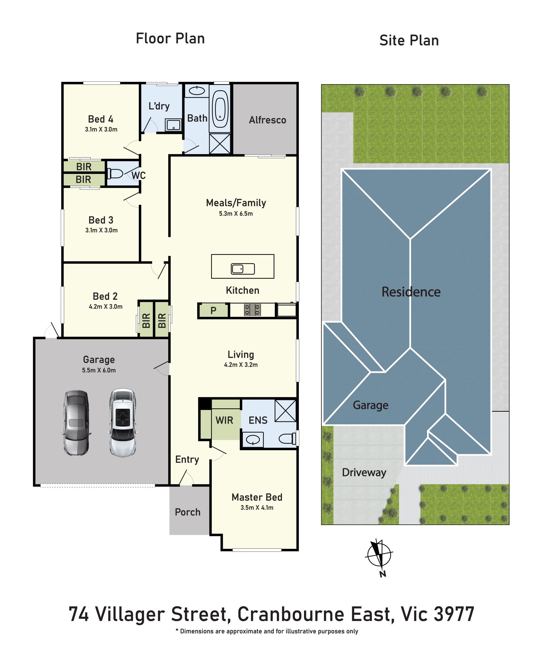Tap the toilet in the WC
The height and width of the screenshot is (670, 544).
[115, 174]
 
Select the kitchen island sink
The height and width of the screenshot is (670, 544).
[243, 269]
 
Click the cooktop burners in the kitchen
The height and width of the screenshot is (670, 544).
[252, 310]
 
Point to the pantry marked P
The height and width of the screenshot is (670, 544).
[214, 310]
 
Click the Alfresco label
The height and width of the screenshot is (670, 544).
[267, 120]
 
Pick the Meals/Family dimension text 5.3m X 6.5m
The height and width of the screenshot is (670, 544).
[236, 214]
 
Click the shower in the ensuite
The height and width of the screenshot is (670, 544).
[285, 411]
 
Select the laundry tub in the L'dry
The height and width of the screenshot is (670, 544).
[173, 125]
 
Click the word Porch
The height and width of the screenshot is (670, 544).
[187, 512]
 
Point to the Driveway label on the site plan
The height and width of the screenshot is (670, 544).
[364, 472]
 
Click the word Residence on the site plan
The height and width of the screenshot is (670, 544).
[411, 292]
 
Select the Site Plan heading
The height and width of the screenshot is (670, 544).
[409, 40]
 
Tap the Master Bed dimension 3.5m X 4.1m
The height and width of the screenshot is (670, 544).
[257, 507]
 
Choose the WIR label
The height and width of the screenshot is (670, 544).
[224, 420]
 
